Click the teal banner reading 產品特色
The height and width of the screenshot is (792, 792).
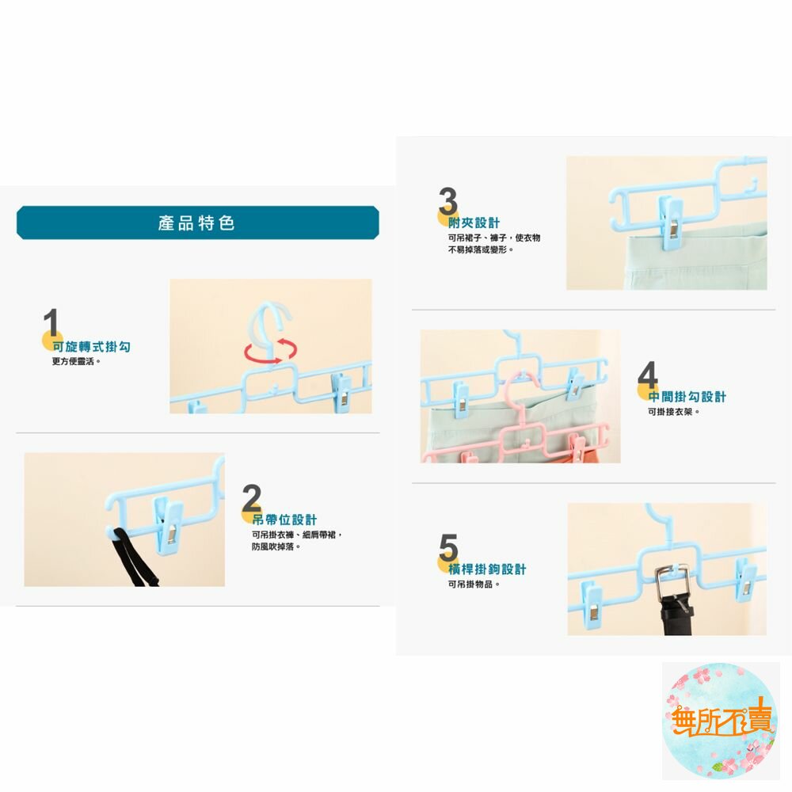coord(197,223)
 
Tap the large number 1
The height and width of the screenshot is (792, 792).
coord(51,323)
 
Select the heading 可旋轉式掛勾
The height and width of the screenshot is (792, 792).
coord(91,347)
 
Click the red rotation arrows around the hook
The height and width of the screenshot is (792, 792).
coord(271,351)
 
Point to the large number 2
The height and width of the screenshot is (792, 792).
coord(252,497)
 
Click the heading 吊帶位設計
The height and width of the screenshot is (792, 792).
coord(285,520)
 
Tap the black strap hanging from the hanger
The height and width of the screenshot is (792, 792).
coord(132,557)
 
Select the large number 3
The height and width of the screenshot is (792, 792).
coord(448,201)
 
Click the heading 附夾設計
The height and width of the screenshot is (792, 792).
coord(474,223)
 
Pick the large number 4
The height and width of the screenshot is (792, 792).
coord(648,375)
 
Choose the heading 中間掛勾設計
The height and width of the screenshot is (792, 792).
coord(687,397)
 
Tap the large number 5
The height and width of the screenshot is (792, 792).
coord(448,547)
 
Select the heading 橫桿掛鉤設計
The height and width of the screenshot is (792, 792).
coord(487,569)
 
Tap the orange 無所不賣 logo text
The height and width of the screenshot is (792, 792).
coord(722,718)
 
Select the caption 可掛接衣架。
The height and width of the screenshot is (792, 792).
coord(674,412)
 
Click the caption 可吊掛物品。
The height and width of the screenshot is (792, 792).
coord(474,584)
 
